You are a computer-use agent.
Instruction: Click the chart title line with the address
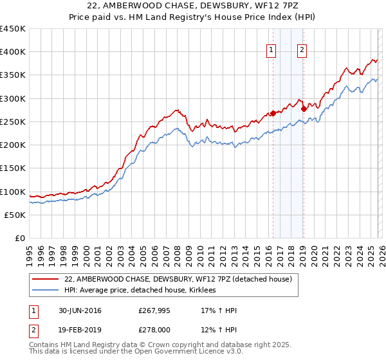[192, 6]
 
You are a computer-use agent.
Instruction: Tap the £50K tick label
[15, 215]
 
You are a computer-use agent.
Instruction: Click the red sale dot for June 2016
[273, 114]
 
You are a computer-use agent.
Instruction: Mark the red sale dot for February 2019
[303, 109]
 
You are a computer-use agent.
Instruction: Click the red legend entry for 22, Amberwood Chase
[178, 279]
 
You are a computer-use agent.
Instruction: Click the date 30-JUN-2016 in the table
[78, 310]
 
